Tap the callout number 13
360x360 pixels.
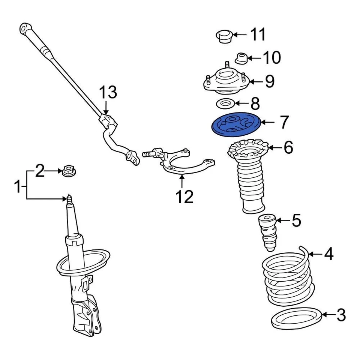(108, 92)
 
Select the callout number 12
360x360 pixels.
(184, 196)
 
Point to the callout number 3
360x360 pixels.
(341, 315)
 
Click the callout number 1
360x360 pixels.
(18, 186)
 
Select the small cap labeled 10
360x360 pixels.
(241, 58)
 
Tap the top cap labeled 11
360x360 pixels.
(224, 36)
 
